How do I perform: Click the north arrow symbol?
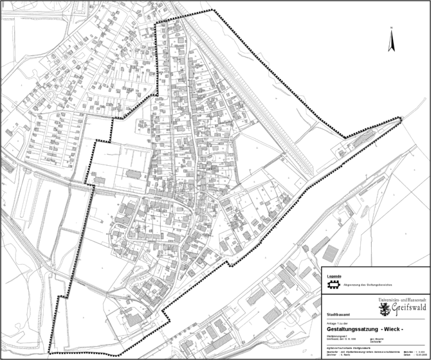click(390, 42)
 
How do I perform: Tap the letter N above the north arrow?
click(390, 29)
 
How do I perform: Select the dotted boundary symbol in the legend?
click(333, 283)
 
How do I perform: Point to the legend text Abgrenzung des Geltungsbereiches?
click(369, 283)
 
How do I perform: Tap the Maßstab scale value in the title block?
click(422, 352)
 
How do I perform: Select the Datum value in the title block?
click(422, 355)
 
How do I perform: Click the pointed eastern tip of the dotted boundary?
click(401, 118)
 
